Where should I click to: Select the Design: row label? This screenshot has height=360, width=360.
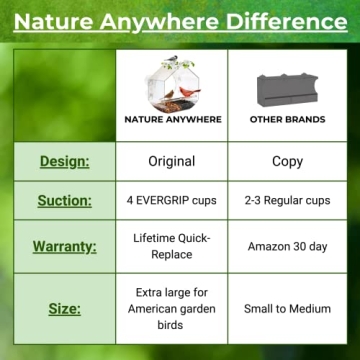(65, 161)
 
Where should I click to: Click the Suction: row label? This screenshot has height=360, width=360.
(65, 200)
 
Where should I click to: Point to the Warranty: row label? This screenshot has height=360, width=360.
(65, 245)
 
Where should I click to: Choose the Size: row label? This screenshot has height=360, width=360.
(65, 308)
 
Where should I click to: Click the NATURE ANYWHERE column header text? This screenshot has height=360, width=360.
(172, 119)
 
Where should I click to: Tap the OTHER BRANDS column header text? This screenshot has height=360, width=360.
(287, 119)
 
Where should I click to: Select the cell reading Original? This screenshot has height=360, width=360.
(172, 161)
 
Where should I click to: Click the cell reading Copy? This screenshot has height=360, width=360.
(287, 161)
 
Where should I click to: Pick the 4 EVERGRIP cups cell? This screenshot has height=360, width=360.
(172, 200)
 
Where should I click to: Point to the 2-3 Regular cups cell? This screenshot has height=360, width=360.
(287, 200)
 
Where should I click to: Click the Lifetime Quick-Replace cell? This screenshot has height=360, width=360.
(172, 245)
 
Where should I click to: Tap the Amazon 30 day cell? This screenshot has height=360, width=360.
(287, 245)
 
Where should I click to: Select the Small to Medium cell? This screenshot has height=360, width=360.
(287, 308)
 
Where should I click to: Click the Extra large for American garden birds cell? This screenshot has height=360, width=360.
(172, 308)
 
